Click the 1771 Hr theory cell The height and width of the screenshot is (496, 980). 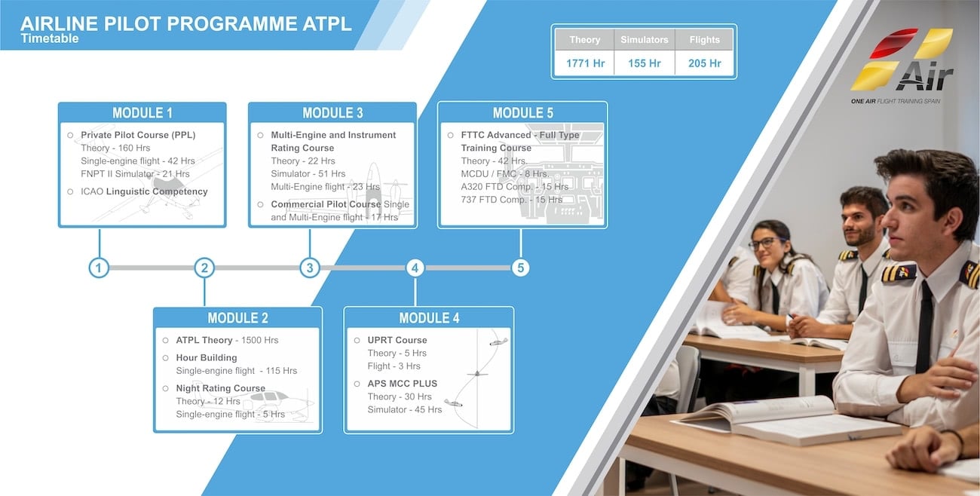(x=585, y=63)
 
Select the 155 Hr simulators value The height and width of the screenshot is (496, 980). (x=644, y=63)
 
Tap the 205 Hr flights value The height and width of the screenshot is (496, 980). (x=704, y=63)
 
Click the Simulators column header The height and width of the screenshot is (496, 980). (x=644, y=40)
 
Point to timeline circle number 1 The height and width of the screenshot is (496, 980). (x=99, y=268)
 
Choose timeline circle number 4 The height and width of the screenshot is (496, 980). (x=415, y=268)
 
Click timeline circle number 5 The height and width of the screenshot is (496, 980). (x=520, y=268)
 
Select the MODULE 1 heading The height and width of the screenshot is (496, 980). (x=142, y=113)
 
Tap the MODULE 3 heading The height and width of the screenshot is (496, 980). (x=332, y=113)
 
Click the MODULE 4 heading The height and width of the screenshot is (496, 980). (x=429, y=318)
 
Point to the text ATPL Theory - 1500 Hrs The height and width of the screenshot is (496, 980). (x=227, y=340)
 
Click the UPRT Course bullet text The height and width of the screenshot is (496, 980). (x=397, y=340)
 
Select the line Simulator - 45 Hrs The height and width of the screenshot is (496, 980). (x=405, y=410)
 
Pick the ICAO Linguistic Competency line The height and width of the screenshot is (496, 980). (x=144, y=191)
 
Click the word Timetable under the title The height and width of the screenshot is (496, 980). (x=50, y=38)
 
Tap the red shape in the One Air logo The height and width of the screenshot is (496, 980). (x=893, y=43)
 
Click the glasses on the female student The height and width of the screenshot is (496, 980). (x=767, y=243)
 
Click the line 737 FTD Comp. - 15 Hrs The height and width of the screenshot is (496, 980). (x=511, y=200)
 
